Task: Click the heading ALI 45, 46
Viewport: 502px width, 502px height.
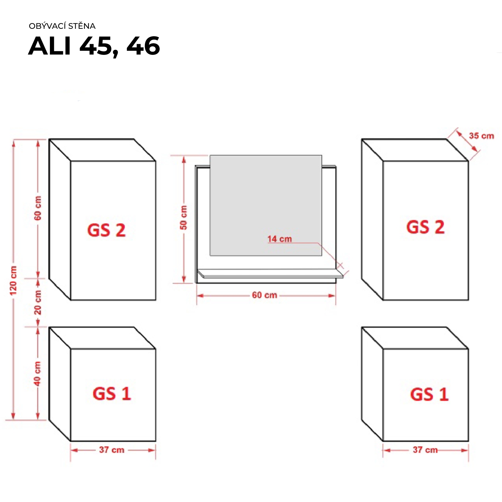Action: [x=94, y=46]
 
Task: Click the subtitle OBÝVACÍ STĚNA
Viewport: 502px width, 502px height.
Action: [x=62, y=26]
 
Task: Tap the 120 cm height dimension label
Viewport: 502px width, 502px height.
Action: [x=13, y=280]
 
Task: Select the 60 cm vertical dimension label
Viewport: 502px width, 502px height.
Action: [x=38, y=208]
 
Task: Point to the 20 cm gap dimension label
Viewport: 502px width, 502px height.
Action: [x=38, y=302]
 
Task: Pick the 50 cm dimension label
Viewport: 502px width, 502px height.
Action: [x=184, y=218]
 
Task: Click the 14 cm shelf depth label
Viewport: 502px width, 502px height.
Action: [x=279, y=239]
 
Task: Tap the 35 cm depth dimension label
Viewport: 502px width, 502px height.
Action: [x=481, y=136]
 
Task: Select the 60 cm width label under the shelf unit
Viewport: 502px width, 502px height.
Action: [x=264, y=295]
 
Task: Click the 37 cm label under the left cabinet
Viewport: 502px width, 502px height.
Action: [x=111, y=450]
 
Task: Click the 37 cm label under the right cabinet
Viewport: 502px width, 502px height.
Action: [x=425, y=450]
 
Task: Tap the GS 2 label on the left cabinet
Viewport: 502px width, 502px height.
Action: [x=106, y=230]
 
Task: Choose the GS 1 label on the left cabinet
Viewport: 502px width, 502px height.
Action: [x=112, y=394]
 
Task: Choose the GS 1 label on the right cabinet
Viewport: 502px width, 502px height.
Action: [x=429, y=394]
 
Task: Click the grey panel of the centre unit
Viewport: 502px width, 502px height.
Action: [x=266, y=201]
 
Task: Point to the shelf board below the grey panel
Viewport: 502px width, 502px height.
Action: [x=270, y=273]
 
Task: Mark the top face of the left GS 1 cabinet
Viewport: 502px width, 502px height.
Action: [x=102, y=338]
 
